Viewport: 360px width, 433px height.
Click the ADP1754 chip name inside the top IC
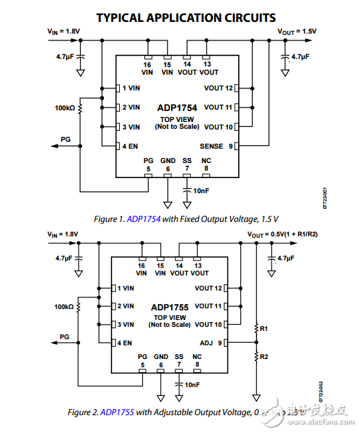[x=176, y=108]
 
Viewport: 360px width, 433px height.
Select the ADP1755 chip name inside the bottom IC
[x=172, y=307]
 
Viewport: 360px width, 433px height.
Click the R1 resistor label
[x=263, y=329]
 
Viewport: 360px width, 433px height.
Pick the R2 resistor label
[x=263, y=356]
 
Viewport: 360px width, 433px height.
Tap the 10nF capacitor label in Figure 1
[x=201, y=190]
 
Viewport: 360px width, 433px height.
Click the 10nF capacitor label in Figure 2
[x=192, y=385]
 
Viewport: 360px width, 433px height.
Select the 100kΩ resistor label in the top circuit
[x=65, y=108]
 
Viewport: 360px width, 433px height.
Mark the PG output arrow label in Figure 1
[x=65, y=139]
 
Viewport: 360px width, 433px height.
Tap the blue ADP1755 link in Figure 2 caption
[x=118, y=412]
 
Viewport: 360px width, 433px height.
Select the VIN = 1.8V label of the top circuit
[x=64, y=32]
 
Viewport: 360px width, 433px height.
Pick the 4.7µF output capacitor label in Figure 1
[x=302, y=57]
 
